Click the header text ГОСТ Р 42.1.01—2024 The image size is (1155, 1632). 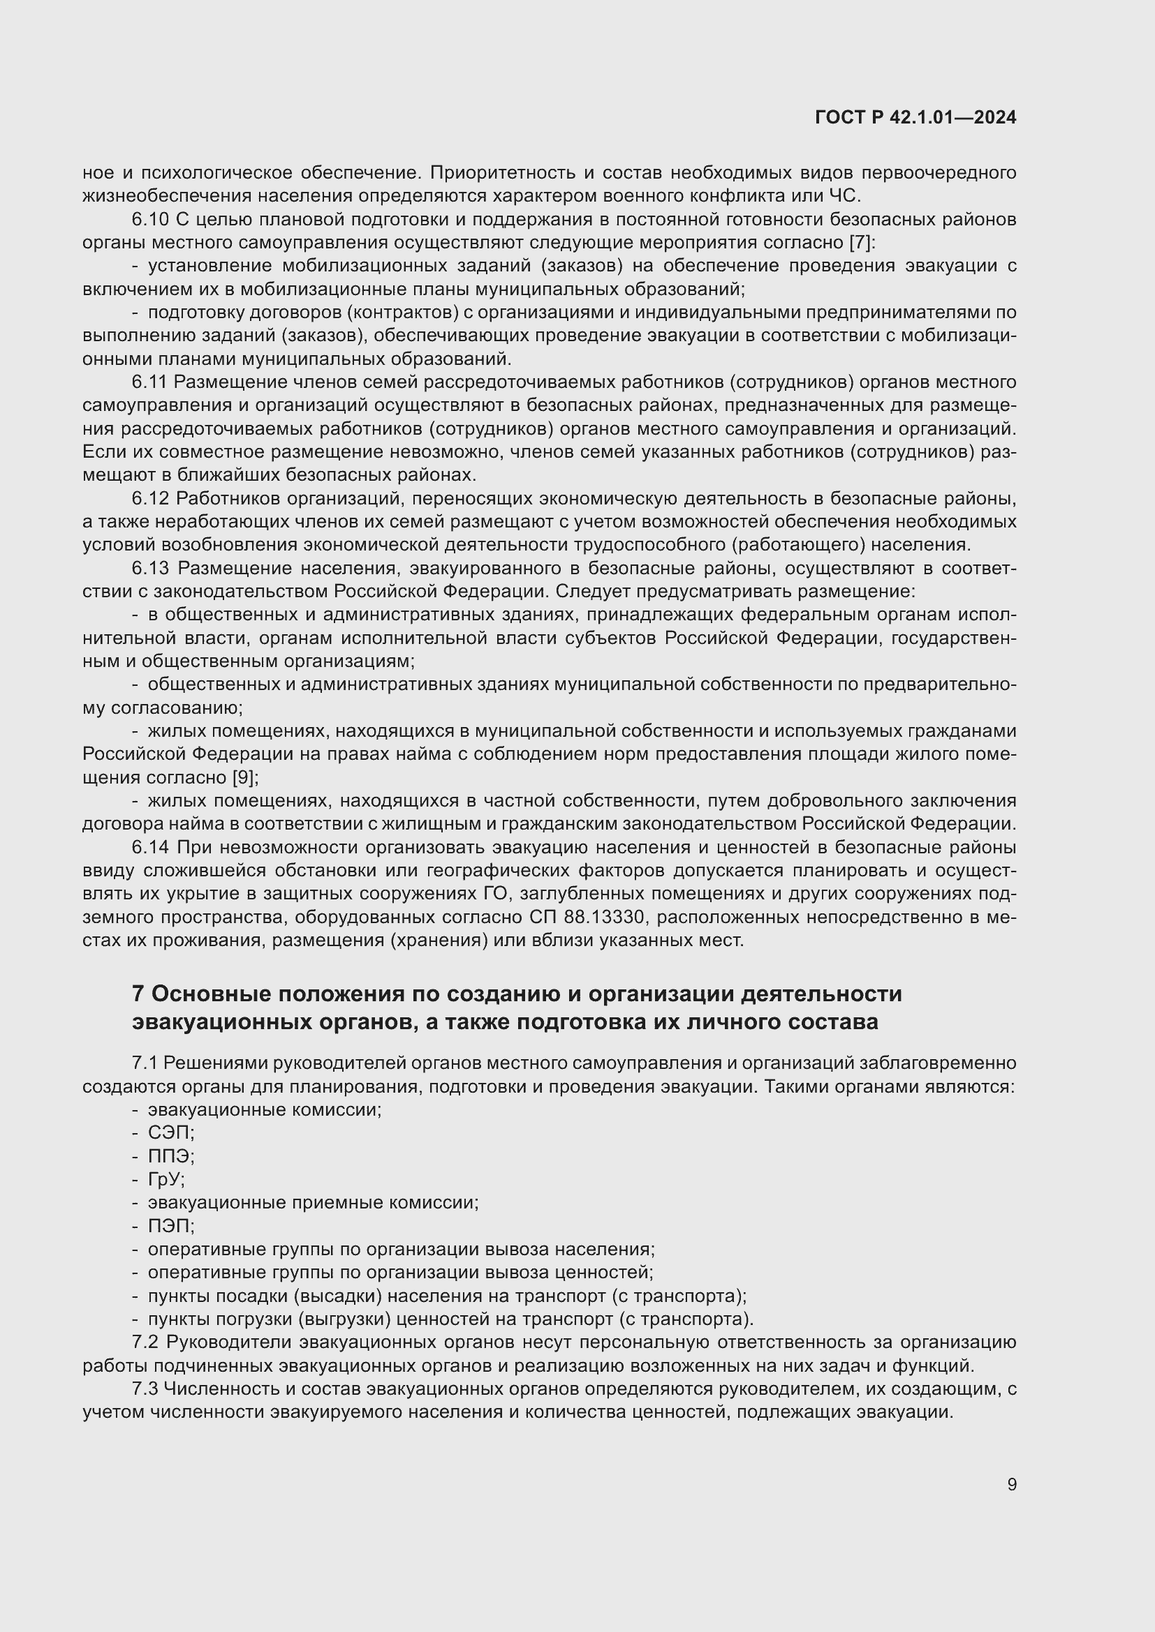(x=915, y=118)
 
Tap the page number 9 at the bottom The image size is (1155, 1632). (x=1011, y=1484)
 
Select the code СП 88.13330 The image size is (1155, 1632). (x=587, y=918)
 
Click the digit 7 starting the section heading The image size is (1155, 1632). (x=138, y=994)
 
